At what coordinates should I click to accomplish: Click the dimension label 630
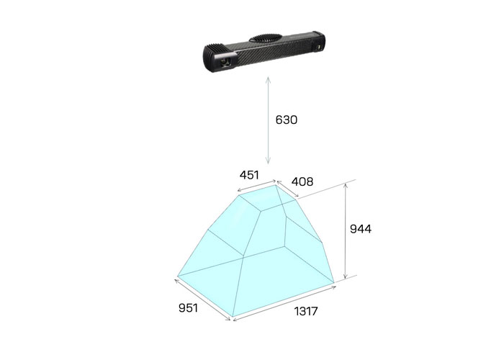coord(286,120)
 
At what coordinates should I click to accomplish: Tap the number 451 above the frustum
coord(249,175)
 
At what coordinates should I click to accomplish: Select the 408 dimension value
coord(302,182)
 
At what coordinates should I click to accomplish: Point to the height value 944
coord(361,229)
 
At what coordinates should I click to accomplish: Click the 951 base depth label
coord(188,308)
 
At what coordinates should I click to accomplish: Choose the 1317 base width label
coord(306,311)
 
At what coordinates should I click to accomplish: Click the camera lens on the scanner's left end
coord(226,61)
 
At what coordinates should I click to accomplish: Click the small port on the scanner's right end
coord(319,48)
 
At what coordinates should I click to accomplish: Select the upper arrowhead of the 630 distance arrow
coord(268,79)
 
